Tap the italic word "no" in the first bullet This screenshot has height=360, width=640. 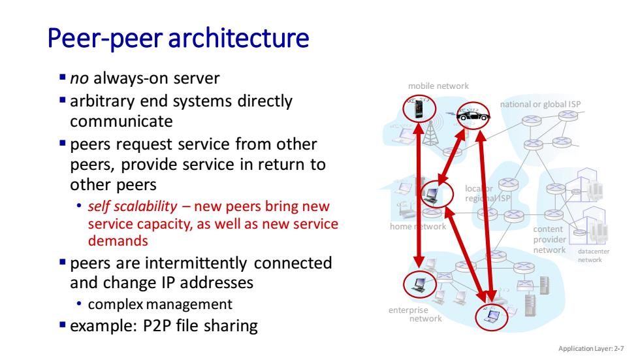click(79, 78)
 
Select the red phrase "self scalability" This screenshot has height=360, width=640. click(133, 206)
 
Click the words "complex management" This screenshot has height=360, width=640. click(160, 304)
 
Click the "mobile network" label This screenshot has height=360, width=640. click(438, 86)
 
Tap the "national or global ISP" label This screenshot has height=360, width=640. click(541, 105)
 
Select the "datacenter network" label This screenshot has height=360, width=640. click(594, 255)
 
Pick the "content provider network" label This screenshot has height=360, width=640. click(549, 240)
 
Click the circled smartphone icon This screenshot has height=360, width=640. click(419, 109)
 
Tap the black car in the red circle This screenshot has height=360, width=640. click(473, 116)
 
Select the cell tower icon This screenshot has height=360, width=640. click(430, 133)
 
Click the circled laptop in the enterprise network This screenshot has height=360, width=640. click(492, 316)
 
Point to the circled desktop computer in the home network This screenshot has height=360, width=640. click(432, 195)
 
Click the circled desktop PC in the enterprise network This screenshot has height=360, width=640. click(419, 284)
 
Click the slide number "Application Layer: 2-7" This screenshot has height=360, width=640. click(591, 349)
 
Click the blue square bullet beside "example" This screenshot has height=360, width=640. click(63, 325)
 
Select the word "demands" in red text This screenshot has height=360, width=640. click(118, 241)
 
